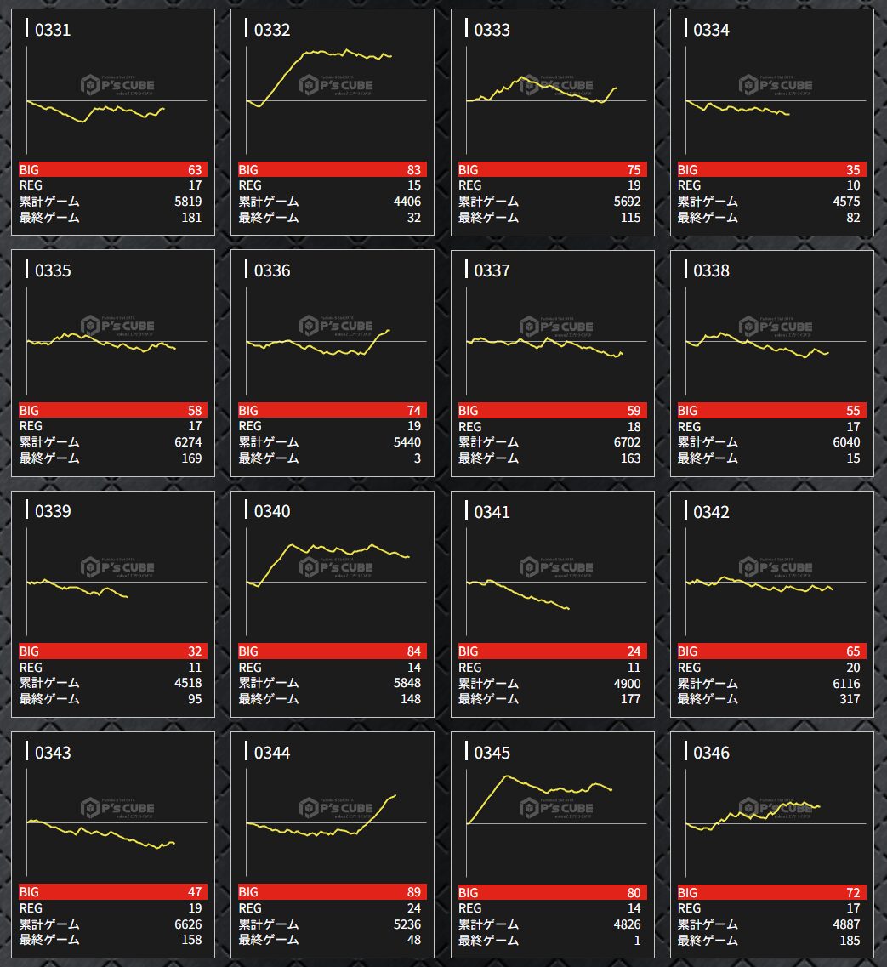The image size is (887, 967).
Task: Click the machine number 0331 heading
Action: (x=53, y=30)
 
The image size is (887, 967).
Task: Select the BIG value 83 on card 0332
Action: (x=413, y=170)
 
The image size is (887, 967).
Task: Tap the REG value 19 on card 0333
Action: (x=633, y=185)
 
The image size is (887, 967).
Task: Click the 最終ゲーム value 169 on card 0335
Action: (x=191, y=458)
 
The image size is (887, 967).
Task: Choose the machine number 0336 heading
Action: (x=272, y=270)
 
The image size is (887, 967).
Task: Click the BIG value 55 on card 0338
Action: (x=853, y=411)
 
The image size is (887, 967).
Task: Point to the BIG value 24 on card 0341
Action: (x=633, y=651)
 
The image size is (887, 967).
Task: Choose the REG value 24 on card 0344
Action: (x=413, y=908)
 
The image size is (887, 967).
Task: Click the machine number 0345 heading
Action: (x=492, y=753)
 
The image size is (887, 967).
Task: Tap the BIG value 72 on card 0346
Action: (x=853, y=893)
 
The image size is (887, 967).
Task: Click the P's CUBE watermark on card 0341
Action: (x=557, y=567)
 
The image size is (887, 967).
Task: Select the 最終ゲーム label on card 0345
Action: (x=488, y=940)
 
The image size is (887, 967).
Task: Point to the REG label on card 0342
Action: (x=689, y=668)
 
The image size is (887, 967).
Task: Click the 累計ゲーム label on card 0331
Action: (x=49, y=202)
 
